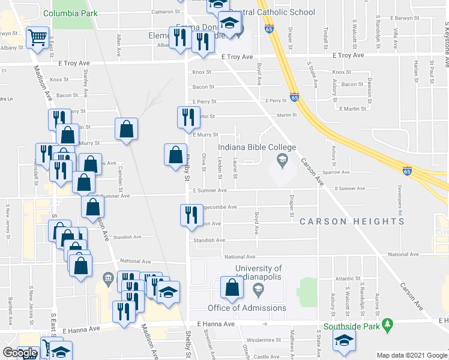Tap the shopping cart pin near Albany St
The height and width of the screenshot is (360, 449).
pyautogui.click(x=37, y=38)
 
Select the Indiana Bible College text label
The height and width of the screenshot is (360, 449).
pyautogui.click(x=257, y=147)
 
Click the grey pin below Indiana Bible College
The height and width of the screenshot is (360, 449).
pyautogui.click(x=281, y=159)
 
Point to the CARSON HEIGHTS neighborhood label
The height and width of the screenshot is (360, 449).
pyautogui.click(x=352, y=221)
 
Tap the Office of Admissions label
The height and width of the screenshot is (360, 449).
pyautogui.click(x=247, y=308)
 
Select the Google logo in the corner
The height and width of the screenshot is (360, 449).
pyautogui.click(x=20, y=353)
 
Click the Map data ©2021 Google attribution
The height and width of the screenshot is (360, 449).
pyautogui.click(x=411, y=355)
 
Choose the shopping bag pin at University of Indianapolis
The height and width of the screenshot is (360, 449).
pyautogui.click(x=232, y=289)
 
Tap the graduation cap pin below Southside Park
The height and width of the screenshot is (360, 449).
pyautogui.click(x=344, y=340)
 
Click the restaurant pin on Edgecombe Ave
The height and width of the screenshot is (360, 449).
pyautogui.click(x=190, y=215)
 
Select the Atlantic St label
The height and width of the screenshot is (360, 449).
pyautogui.click(x=348, y=278)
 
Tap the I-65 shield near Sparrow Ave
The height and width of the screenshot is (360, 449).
pyautogui.click(x=407, y=170)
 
